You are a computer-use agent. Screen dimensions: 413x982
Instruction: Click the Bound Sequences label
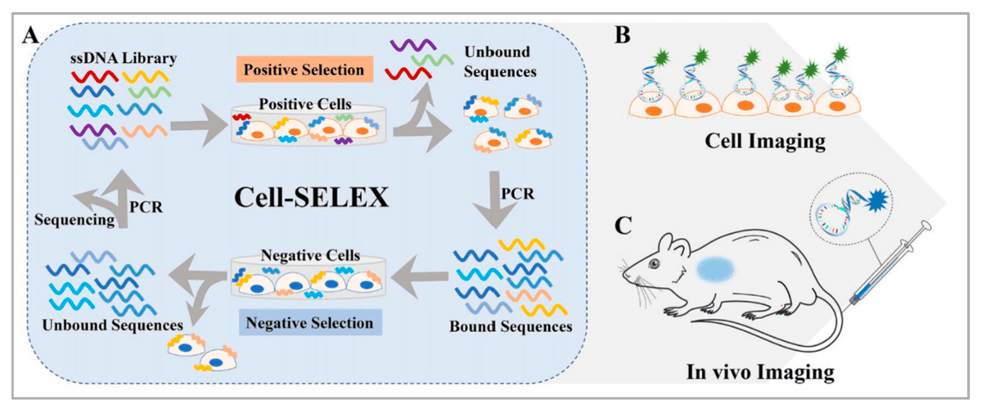511,327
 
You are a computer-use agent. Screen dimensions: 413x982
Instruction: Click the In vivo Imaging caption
760,373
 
